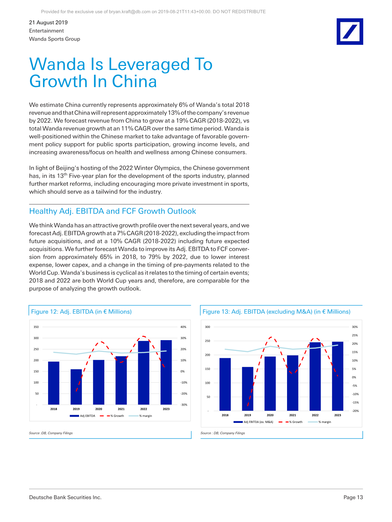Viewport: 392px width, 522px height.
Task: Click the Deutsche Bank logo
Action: (x=350, y=32)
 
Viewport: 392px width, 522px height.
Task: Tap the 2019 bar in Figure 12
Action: (x=76, y=387)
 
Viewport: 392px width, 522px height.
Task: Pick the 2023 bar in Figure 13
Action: (x=338, y=376)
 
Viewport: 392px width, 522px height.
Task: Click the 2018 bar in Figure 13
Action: (x=225, y=384)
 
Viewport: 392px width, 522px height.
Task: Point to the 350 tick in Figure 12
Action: (x=36, y=327)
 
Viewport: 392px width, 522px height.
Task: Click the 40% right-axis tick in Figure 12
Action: (x=183, y=327)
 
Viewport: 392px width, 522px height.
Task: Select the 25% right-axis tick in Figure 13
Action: (x=355, y=335)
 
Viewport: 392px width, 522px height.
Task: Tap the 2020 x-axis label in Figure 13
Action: (x=270, y=415)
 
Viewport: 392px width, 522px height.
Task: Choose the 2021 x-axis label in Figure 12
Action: (x=121, y=409)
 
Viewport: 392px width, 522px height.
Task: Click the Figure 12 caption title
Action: (x=81, y=312)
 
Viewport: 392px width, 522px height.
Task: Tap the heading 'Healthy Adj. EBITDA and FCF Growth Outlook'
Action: (x=113, y=211)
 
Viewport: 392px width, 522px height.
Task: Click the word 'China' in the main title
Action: (x=134, y=81)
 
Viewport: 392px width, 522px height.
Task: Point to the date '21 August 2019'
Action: (x=48, y=22)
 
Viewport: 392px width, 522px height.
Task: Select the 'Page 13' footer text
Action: (x=353, y=497)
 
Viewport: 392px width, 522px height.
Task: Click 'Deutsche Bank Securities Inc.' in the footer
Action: (x=65, y=497)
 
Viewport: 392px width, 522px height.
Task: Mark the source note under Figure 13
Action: (x=223, y=433)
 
